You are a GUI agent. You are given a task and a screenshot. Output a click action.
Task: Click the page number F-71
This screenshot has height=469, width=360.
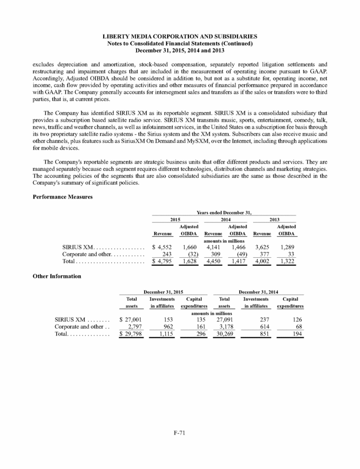(x=179, y=433)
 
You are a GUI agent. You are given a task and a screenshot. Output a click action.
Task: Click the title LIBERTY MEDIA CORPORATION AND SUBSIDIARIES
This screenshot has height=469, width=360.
(x=179, y=35)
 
